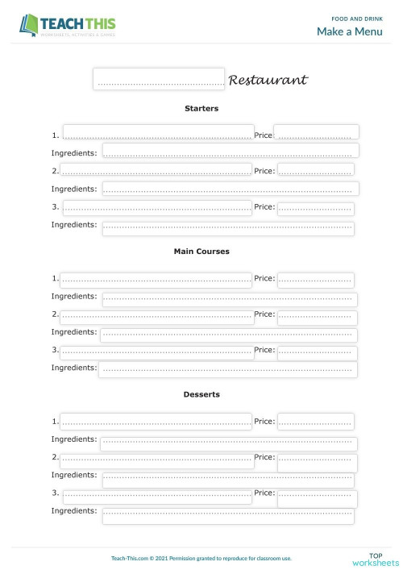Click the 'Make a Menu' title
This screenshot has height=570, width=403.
point(350,31)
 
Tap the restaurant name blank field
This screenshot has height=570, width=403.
point(159,79)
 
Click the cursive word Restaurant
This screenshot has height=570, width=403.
point(268,81)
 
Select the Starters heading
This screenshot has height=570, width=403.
point(201,108)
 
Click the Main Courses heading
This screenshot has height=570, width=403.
point(201,252)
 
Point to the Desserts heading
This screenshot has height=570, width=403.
point(201,395)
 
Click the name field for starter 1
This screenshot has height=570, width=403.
point(158,133)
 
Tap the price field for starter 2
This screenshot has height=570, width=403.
point(315,169)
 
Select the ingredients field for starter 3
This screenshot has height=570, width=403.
point(227,227)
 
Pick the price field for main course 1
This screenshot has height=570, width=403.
point(315,280)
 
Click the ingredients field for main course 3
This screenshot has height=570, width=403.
point(228,369)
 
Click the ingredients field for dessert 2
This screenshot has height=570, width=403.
point(227,479)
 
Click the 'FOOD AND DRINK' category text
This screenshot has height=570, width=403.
point(357,18)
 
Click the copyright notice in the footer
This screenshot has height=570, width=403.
point(201,558)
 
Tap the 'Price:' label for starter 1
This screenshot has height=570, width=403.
point(264,135)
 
